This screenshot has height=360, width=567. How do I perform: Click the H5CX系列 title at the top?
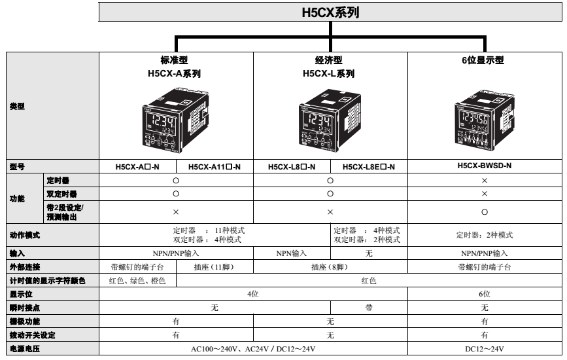(x=330, y=12)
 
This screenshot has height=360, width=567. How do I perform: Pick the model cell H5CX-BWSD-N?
(x=484, y=166)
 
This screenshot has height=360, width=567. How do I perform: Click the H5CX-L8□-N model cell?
(x=292, y=166)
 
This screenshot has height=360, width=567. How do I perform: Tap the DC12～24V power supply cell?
(x=484, y=349)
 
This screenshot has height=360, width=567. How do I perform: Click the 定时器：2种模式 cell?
(x=484, y=235)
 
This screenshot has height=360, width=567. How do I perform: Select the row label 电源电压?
(x=23, y=349)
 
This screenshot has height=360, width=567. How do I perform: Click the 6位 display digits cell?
(x=484, y=294)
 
